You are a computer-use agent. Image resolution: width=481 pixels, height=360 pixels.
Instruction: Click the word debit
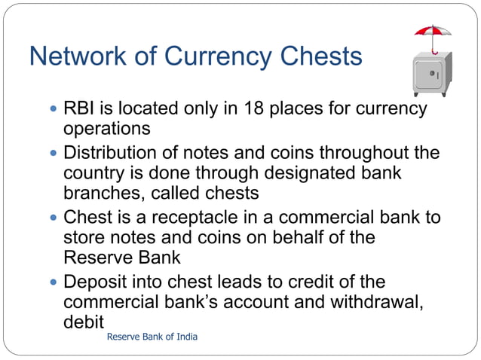[x=83, y=322]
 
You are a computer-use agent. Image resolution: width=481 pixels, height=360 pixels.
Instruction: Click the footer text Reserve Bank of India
[x=152, y=337]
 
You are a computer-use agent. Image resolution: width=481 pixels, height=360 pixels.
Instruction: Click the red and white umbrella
[x=433, y=33]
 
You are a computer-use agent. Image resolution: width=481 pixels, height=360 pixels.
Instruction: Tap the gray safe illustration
[x=431, y=74]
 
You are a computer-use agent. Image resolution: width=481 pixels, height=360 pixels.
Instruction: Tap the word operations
[x=107, y=129]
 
